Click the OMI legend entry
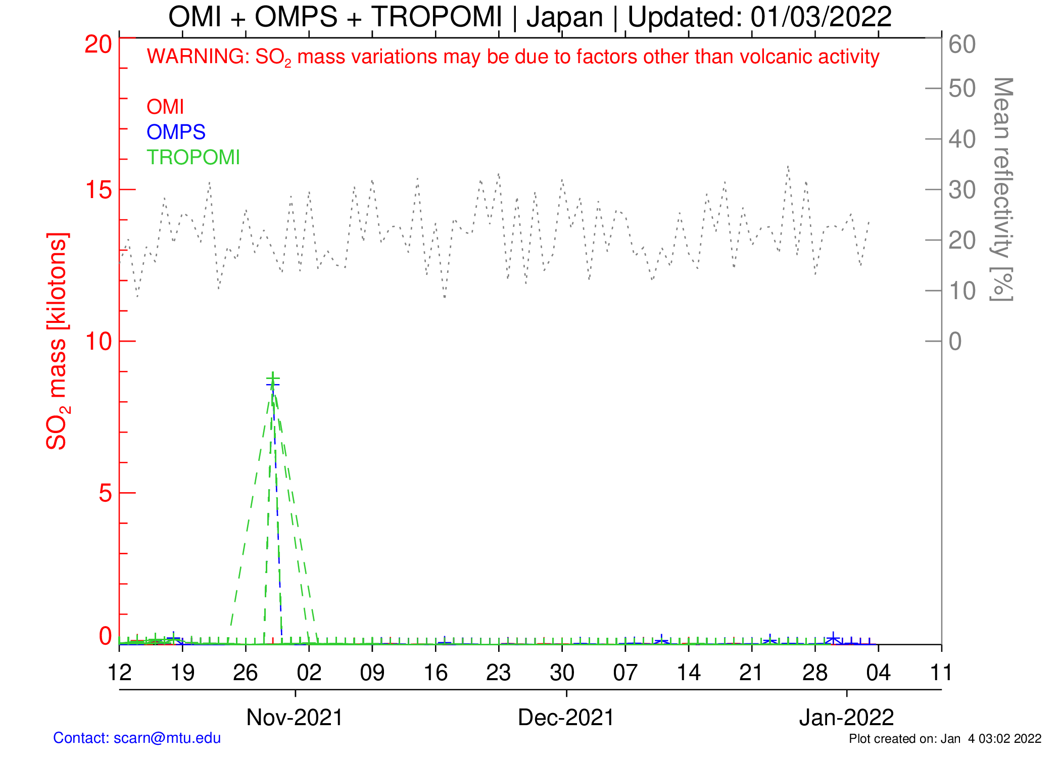[165, 107]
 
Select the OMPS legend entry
[176, 132]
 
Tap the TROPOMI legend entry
[193, 158]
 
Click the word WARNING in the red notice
[198, 57]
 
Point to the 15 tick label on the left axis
[98, 190]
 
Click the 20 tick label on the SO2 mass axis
[98, 44]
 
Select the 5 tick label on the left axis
[105, 493]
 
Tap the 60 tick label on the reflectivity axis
[962, 44]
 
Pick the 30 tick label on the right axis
[962, 190]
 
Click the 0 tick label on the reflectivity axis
[955, 342]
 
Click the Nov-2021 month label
[295, 717]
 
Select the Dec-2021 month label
[566, 717]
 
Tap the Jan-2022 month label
[846, 717]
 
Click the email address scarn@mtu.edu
[167, 738]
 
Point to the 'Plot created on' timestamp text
[945, 739]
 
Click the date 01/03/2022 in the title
[821, 17]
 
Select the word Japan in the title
[565, 17]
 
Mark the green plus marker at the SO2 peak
[273, 379]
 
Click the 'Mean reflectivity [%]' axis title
[1002, 189]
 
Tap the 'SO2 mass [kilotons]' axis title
[57, 341]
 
